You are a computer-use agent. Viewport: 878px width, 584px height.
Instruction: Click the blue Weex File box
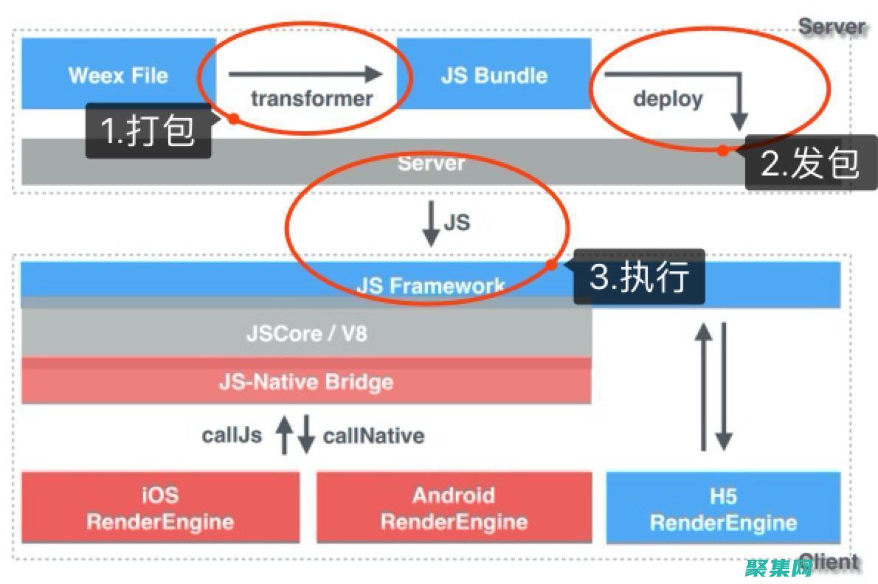pos(118,74)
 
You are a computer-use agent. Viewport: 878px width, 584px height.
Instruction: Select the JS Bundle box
pos(494,74)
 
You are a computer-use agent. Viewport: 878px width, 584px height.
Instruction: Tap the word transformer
pos(311,98)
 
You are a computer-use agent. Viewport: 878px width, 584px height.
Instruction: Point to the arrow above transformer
pos(305,74)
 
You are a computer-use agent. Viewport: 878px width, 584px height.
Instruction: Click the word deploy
pos(668,98)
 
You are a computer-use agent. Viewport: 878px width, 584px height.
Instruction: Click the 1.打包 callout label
pos(148,131)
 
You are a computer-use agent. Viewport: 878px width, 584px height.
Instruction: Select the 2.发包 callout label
pos(810,163)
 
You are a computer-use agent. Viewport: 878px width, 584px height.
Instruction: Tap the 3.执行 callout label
pos(639,277)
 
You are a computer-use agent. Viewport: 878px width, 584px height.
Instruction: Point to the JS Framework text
pos(431,285)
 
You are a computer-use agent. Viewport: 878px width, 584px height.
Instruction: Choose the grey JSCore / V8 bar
pos(306,333)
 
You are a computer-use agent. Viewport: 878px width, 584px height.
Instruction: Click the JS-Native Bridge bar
pos(306,382)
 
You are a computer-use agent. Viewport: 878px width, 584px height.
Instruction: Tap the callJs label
pos(232,435)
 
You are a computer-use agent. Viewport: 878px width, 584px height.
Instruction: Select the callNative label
pos(373,435)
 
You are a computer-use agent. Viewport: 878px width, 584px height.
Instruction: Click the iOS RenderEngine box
pos(160,508)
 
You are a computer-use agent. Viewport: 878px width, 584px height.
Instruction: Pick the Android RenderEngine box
pos(454,508)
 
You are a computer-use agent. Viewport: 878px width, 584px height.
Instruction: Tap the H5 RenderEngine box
pos(723,508)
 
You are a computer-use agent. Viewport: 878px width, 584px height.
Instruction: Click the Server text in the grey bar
pos(431,162)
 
